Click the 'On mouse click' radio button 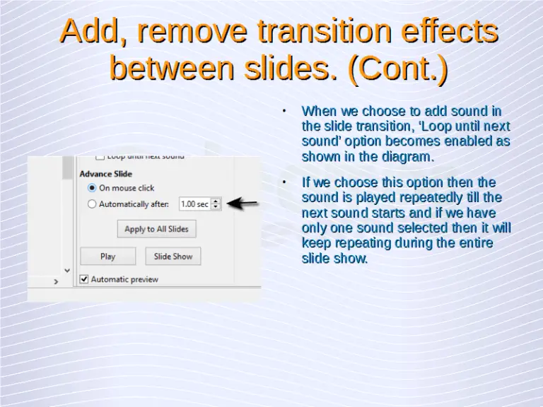pos(92,188)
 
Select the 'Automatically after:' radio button pos(92,204)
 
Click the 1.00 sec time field pos(194,204)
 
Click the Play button pos(107,256)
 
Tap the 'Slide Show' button pos(173,256)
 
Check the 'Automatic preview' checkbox pos(85,279)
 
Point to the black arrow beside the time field pos(244,203)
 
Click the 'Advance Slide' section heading pos(106,174)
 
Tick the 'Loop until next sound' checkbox pos(100,157)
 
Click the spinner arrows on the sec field pos(216,204)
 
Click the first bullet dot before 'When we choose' pos(282,111)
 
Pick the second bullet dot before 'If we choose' pos(282,182)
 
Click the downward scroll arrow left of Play pos(67,270)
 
